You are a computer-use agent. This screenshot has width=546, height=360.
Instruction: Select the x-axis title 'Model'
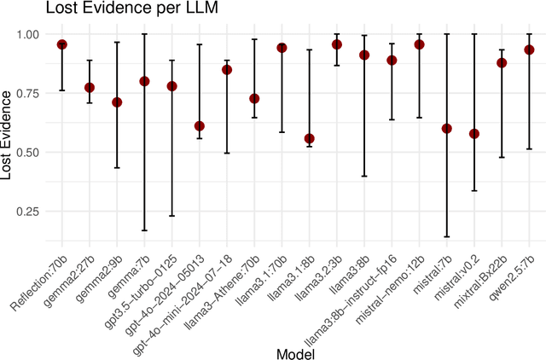pyautogui.click(x=295, y=351)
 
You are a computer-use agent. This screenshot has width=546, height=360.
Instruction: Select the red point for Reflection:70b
pyautogui.click(x=61, y=44)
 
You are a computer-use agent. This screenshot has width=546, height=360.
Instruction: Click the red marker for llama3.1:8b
pyautogui.click(x=309, y=138)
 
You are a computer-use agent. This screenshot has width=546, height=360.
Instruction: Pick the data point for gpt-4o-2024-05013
pyautogui.click(x=199, y=126)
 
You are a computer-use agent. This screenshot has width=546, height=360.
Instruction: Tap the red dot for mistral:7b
pyautogui.click(x=446, y=128)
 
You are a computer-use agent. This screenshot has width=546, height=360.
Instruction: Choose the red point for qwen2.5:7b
pyautogui.click(x=529, y=49)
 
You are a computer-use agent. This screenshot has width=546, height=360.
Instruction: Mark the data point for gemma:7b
pyautogui.click(x=144, y=81)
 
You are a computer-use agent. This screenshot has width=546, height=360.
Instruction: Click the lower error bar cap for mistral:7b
pyautogui.click(x=446, y=237)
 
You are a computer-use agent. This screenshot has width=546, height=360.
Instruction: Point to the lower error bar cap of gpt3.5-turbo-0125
pyautogui.click(x=171, y=216)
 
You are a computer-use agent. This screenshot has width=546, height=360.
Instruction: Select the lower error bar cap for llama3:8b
pyautogui.click(x=364, y=176)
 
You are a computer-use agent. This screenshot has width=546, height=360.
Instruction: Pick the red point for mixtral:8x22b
pyautogui.click(x=502, y=62)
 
